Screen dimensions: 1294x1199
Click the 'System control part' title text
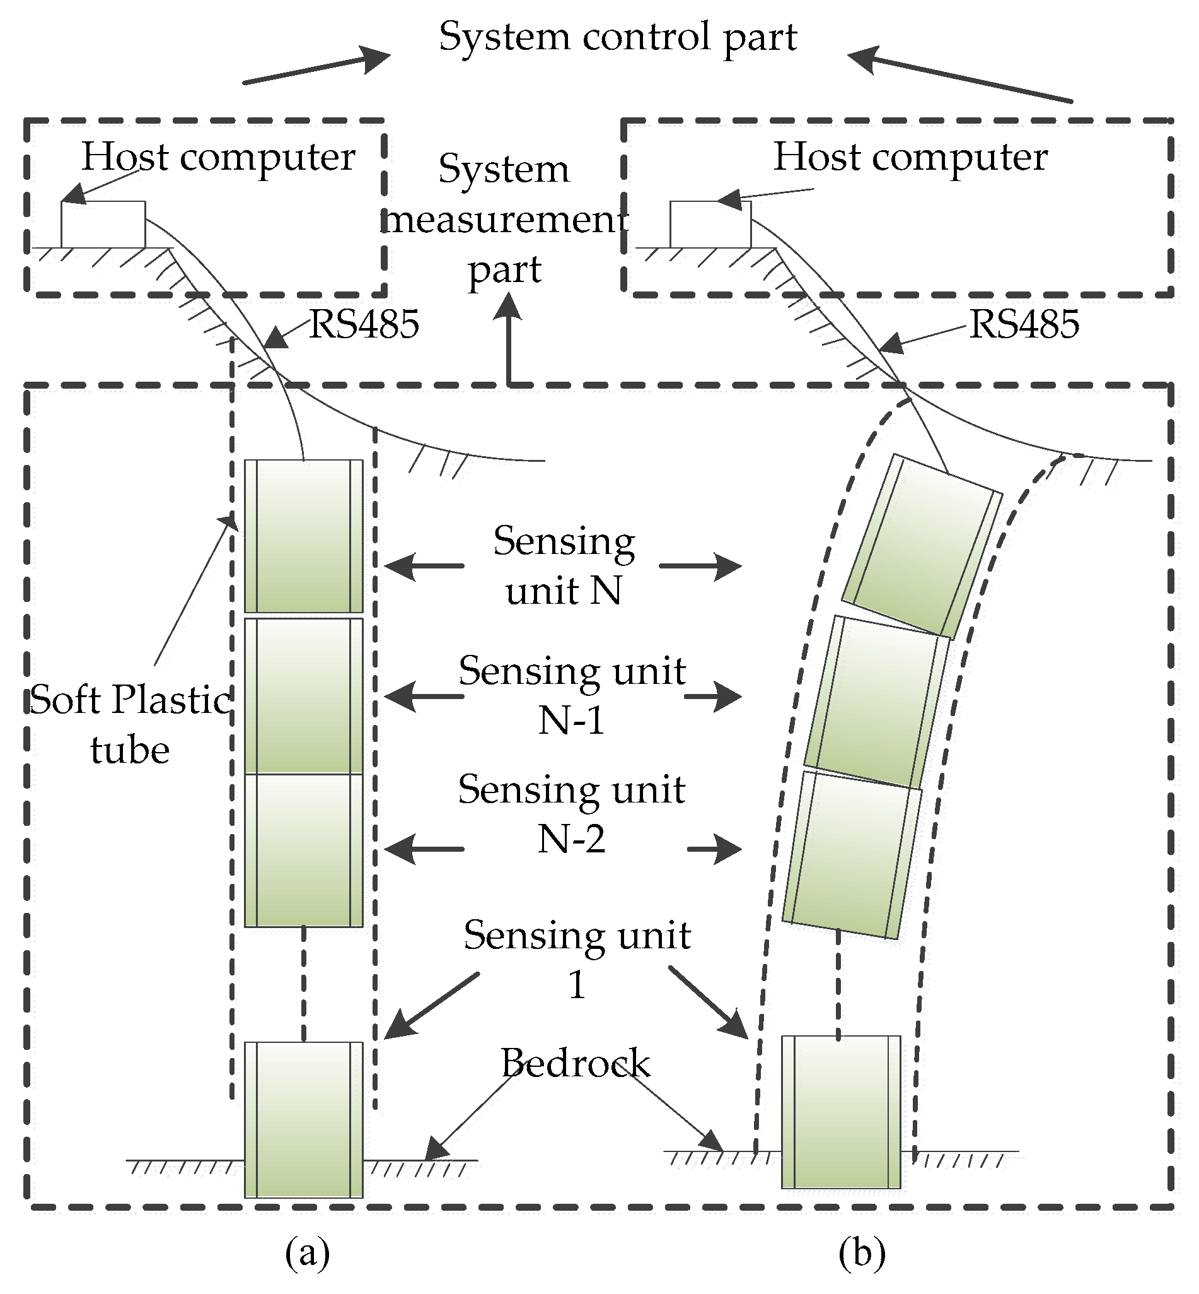coord(617,37)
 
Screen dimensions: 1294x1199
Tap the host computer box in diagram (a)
coord(103,225)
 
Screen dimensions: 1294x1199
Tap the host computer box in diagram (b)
coord(710,225)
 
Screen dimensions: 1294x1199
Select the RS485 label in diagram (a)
coord(364,324)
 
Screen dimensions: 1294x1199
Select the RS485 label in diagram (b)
coord(1024,324)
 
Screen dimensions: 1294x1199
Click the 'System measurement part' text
coord(504,220)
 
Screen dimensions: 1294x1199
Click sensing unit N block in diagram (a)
coord(304,536)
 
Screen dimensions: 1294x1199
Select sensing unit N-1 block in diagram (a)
coord(304,695)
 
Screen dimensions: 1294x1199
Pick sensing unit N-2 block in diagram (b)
coord(851,854)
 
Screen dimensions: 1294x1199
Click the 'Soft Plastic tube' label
coord(130,724)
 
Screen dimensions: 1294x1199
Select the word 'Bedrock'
coord(575,1063)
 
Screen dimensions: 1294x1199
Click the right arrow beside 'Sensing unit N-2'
coord(714,849)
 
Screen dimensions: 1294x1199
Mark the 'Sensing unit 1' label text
coord(577,959)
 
